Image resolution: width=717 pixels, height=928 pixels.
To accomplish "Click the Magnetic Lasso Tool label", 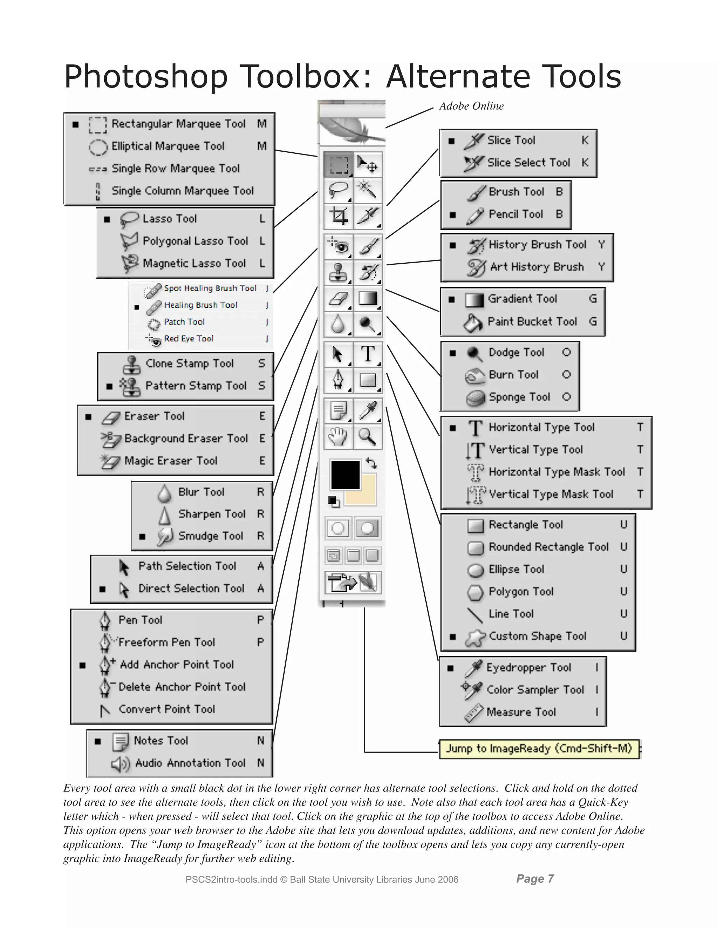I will point(194,263).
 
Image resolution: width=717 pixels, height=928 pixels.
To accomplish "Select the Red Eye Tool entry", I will point(189,339).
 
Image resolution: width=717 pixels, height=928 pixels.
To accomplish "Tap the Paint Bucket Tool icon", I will point(473,323).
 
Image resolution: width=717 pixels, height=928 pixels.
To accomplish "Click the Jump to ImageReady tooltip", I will point(538,748).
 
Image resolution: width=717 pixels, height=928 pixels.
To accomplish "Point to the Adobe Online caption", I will point(471,106).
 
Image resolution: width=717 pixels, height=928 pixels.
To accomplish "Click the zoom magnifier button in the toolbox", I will point(367,436).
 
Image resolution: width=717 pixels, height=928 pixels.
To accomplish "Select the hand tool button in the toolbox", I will point(338,436).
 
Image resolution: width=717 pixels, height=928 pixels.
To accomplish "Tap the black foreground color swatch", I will point(345,474).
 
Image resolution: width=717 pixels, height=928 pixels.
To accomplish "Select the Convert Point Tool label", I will point(167,709).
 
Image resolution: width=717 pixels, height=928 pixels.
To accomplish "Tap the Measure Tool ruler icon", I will point(474,713).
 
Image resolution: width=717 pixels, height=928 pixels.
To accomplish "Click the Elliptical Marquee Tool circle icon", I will point(98,147).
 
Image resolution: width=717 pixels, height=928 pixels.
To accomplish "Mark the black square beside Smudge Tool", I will point(142,536).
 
